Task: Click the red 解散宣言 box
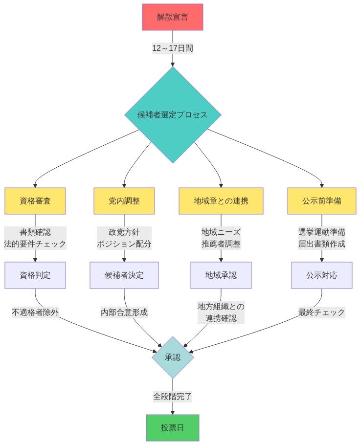(x=172, y=17)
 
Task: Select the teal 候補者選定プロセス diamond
(x=172, y=115)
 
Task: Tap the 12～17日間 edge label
(x=172, y=48)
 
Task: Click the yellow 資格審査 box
(x=35, y=201)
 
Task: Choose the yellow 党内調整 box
(x=124, y=201)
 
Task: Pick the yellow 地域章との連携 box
(x=221, y=201)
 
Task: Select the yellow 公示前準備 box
(x=321, y=201)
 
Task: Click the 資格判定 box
(x=35, y=275)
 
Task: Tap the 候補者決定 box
(x=124, y=275)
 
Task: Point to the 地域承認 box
(x=221, y=275)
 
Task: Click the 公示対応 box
(x=321, y=275)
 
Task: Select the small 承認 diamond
(x=173, y=357)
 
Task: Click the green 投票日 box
(x=172, y=428)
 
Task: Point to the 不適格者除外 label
(x=35, y=312)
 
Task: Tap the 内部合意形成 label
(x=124, y=312)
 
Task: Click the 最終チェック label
(x=321, y=312)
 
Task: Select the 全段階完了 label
(x=172, y=396)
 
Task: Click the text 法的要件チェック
(x=35, y=244)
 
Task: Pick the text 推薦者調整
(x=221, y=244)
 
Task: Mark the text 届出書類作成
(x=321, y=244)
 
